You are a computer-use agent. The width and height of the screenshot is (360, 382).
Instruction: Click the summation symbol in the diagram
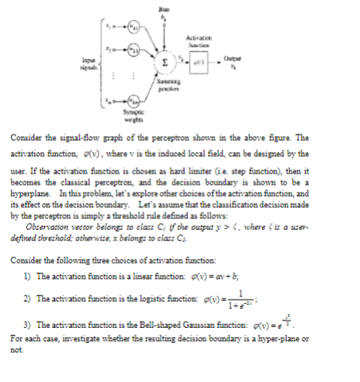pyautogui.click(x=164, y=60)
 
